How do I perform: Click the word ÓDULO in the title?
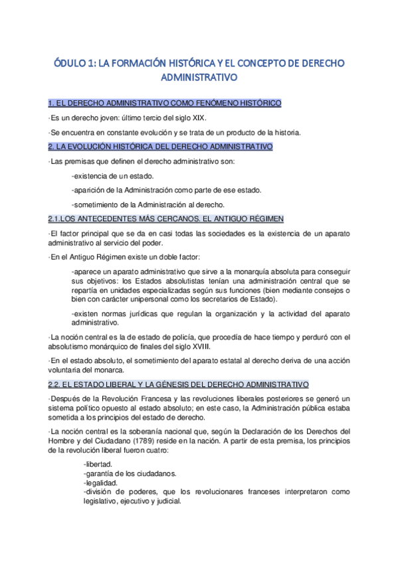69,63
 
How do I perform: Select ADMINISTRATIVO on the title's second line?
199,78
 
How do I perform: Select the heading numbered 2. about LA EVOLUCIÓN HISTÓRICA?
160,146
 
